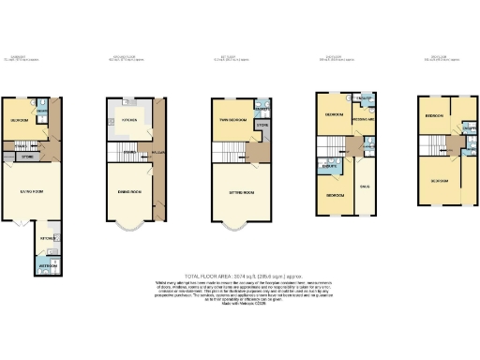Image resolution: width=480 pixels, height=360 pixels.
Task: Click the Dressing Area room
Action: coord(364,120)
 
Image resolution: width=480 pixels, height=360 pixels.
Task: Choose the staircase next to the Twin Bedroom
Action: coord(254,153)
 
